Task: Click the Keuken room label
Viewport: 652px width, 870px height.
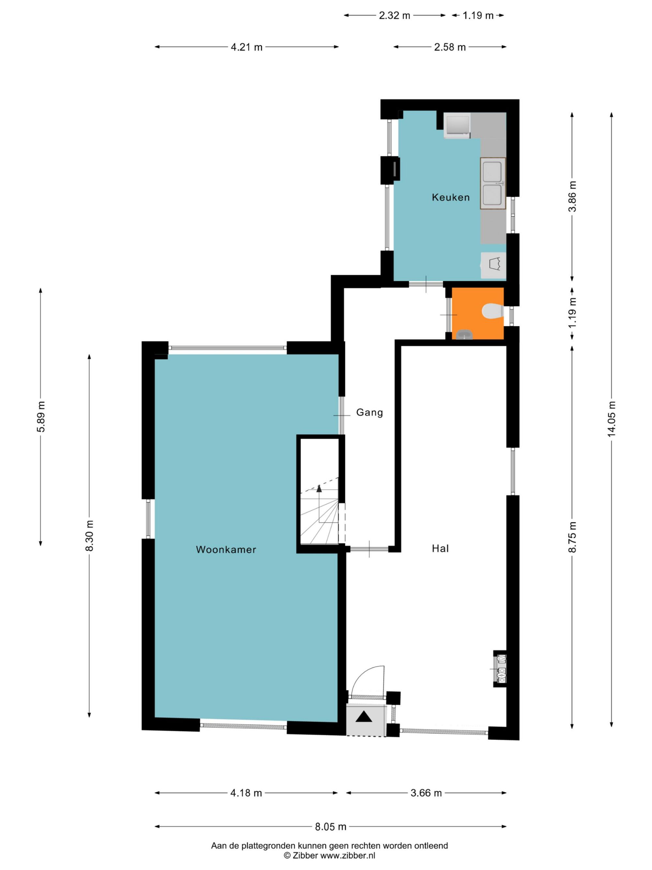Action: (x=451, y=197)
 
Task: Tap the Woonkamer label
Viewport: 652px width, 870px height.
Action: (x=226, y=549)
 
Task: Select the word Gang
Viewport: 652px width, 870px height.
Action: (x=369, y=413)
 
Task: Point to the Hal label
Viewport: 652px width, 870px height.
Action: (x=440, y=549)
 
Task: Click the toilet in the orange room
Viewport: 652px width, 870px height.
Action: (x=493, y=311)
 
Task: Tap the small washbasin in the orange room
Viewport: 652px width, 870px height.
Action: (x=465, y=334)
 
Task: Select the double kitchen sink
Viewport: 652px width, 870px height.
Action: (x=493, y=183)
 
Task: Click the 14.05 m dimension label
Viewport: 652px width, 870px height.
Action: (x=611, y=419)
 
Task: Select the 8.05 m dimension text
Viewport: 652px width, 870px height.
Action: (x=331, y=827)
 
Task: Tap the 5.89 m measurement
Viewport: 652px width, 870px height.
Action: (x=40, y=417)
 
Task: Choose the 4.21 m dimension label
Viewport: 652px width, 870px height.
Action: (x=246, y=47)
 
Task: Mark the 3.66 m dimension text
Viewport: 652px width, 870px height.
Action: (x=426, y=793)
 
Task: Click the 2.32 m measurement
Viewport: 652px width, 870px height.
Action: (x=394, y=15)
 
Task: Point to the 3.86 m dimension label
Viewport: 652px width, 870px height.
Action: (x=572, y=196)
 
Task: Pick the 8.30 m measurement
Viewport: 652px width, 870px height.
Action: (x=90, y=536)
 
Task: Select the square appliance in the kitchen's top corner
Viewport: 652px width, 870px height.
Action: (x=457, y=126)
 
